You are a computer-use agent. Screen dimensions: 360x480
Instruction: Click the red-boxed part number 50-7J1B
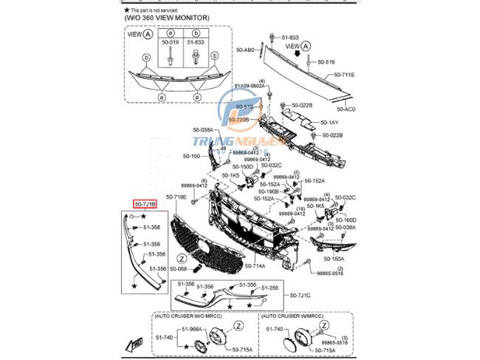coord(144,203)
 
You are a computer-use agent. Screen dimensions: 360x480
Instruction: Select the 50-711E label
coord(343,75)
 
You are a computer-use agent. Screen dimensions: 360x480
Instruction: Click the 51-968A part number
coord(191,328)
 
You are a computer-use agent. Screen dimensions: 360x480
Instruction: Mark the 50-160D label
coord(346,220)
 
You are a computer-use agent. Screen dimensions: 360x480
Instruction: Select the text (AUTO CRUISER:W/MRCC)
coord(294,316)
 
